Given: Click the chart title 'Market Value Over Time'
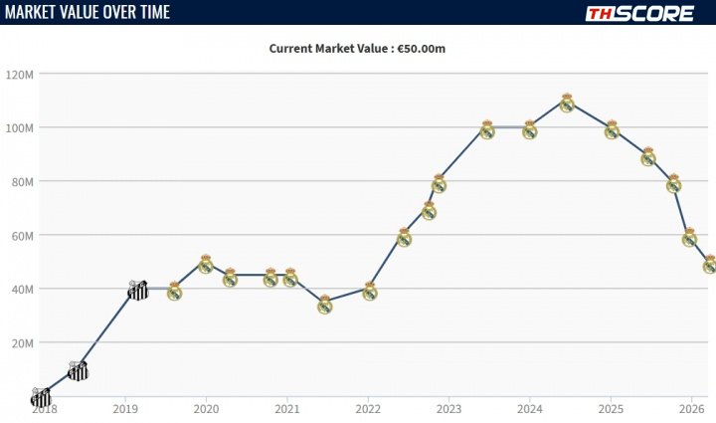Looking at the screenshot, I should [x=87, y=12].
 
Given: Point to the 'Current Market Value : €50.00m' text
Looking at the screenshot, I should [x=357, y=48].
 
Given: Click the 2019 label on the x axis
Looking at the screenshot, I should [x=124, y=408].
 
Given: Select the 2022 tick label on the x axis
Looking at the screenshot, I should [x=368, y=408].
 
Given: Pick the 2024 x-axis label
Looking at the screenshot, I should [x=530, y=408].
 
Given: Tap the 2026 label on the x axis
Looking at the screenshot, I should [x=692, y=408].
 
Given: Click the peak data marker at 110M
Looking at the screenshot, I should [x=567, y=102].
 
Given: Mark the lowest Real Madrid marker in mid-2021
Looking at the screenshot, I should [x=324, y=304].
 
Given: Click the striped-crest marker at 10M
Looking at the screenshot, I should [x=78, y=371].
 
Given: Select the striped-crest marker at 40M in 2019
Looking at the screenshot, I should [x=138, y=290].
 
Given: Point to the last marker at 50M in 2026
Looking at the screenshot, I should [x=709, y=264].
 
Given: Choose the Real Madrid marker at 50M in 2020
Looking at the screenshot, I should [x=206, y=264].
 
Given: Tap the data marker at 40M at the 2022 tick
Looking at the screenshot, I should [x=369, y=291].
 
